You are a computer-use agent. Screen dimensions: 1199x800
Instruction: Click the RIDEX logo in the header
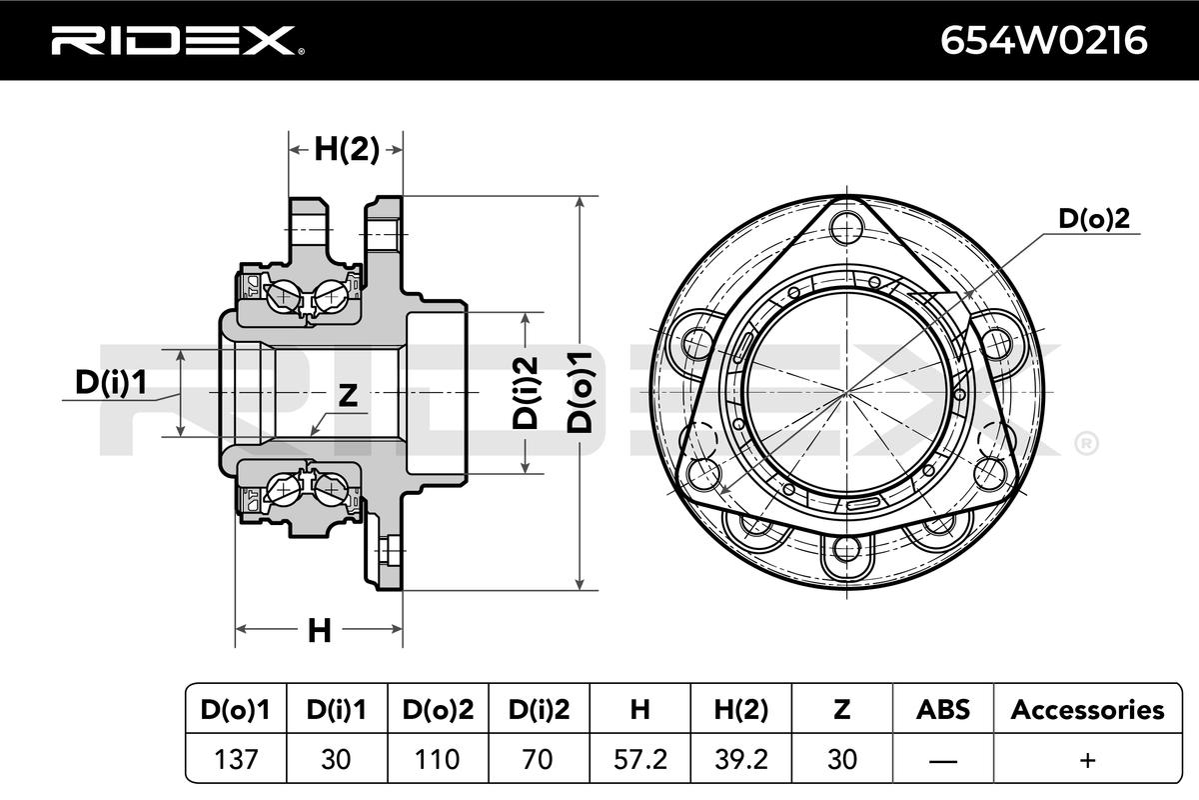coord(178,40)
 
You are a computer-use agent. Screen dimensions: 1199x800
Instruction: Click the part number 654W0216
coord(1044,40)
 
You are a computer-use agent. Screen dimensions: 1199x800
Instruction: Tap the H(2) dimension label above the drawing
coord(347,149)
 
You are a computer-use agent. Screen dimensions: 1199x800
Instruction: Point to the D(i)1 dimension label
coord(111,382)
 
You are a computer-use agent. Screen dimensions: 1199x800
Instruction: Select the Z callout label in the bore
coord(348,395)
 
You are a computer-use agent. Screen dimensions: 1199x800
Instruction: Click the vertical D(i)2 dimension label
coord(526,393)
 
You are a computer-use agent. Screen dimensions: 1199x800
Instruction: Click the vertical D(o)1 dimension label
coord(580,392)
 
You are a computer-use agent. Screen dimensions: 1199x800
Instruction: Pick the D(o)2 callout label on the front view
coord(1094,218)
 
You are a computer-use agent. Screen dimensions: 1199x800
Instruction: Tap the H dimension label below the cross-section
coord(320,631)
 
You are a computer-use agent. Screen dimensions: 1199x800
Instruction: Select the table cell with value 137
coord(236,759)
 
